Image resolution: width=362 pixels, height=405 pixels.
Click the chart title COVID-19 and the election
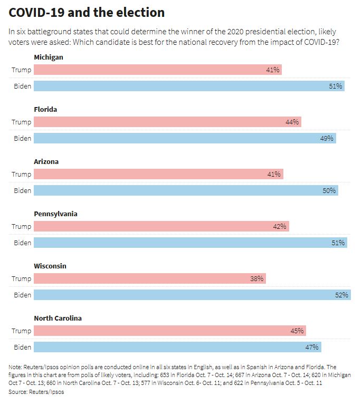click(x=87, y=13)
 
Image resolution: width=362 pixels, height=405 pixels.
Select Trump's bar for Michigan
click(x=158, y=70)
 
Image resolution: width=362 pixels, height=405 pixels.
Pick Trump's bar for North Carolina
click(x=170, y=331)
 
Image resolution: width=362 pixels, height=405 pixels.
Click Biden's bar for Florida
click(x=185, y=138)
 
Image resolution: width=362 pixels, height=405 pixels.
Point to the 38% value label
click(x=257, y=279)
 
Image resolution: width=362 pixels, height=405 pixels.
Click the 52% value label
click(x=341, y=295)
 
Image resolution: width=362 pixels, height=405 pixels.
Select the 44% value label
click(x=292, y=122)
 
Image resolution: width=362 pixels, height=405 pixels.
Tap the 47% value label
click(x=312, y=348)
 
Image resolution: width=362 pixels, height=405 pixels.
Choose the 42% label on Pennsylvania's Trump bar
click(x=280, y=227)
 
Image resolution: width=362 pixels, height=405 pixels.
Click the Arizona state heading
click(x=46, y=161)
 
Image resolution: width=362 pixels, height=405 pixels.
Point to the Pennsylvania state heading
click(x=55, y=214)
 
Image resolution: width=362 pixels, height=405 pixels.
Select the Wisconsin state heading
click(x=50, y=266)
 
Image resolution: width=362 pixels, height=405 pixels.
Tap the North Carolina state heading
click(x=58, y=318)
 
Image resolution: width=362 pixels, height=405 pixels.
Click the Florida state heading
click(x=45, y=109)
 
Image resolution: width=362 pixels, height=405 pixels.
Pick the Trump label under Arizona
click(x=22, y=175)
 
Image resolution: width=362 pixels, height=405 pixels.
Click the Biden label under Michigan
click(x=22, y=86)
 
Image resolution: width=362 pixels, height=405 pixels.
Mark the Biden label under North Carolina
click(x=22, y=348)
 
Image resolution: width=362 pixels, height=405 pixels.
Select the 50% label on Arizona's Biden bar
click(x=329, y=190)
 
